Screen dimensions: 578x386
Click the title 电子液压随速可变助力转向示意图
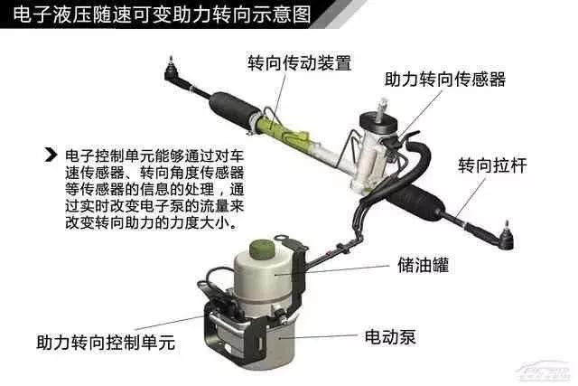pyautogui.click(x=162, y=14)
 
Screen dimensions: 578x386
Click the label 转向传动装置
pyautogui.click(x=300, y=62)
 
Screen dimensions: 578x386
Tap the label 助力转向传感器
pyautogui.click(x=445, y=79)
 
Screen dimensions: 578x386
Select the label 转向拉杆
pyautogui.click(x=492, y=165)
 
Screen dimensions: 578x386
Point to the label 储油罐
pyautogui.click(x=424, y=265)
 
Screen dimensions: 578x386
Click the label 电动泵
pyautogui.click(x=390, y=337)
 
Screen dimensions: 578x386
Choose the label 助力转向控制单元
pyautogui.click(x=106, y=342)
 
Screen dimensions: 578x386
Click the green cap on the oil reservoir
pyautogui.click(x=263, y=249)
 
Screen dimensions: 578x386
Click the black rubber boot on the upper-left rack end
pyautogui.click(x=233, y=109)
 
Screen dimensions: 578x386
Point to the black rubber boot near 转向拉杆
pyautogui.click(x=415, y=201)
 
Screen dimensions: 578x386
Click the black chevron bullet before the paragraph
pyautogui.click(x=51, y=155)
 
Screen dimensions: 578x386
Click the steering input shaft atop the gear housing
pyautogui.click(x=381, y=109)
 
